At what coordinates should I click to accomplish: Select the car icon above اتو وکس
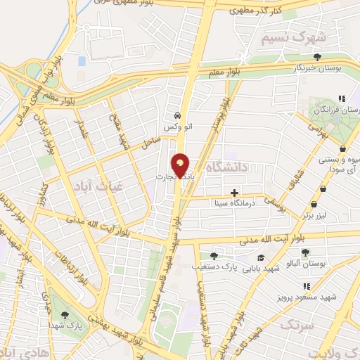176,115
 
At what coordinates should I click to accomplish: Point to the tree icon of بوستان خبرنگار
318,57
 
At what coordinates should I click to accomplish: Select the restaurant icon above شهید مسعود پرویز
307,285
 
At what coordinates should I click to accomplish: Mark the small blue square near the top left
82,61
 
